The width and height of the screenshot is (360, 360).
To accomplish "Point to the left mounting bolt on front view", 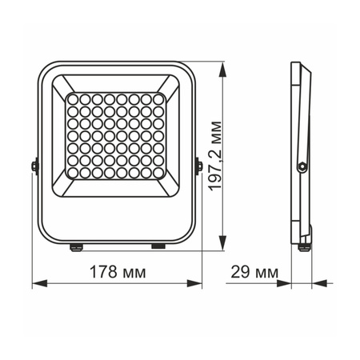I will pos(35,166).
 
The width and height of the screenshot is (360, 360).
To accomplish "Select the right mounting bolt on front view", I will pos(197,166).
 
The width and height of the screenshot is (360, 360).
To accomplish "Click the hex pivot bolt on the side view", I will pos(302,166).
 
